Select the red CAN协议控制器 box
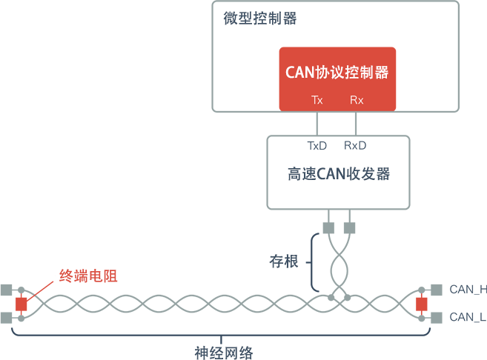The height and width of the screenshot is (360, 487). pos(337,79)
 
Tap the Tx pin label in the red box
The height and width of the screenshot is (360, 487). pos(317,100)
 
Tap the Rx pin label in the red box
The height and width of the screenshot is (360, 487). pos(357,100)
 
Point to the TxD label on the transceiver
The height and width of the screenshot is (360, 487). pos(317,145)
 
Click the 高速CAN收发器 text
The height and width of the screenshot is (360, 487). pos(338,175)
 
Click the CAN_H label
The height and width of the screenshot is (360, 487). pos(468,289)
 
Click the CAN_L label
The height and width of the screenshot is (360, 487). pos(468,317)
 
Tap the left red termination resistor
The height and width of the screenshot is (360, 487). pos(21,304)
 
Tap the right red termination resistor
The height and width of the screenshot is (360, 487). pos(422,304)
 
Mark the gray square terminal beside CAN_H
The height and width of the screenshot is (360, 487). pos(437,289)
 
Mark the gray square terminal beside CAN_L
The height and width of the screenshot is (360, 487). pos(437,317)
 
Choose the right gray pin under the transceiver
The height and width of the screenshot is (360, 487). pos(349,227)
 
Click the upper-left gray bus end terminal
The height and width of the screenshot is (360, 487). pos(7,290)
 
